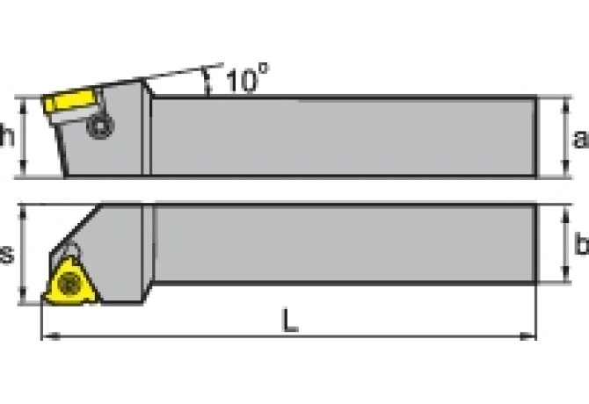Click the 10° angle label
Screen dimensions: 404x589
coord(245,81)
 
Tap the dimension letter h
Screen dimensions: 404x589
coord(8,136)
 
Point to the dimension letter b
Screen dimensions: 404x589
coord(579,245)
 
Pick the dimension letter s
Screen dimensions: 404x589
coord(8,255)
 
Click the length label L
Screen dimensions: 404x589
coord(289,321)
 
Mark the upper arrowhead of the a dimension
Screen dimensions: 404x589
coord(564,103)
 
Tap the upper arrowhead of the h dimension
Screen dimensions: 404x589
coord(25,101)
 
